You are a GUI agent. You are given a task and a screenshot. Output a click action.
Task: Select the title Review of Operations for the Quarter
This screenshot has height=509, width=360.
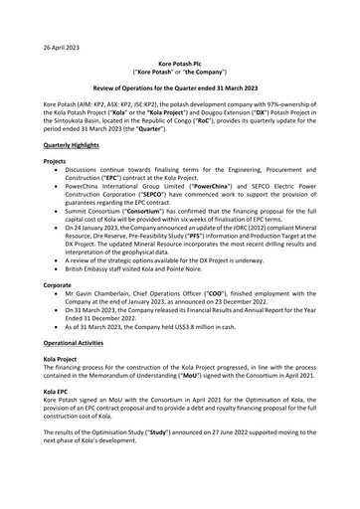coord(179,88)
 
